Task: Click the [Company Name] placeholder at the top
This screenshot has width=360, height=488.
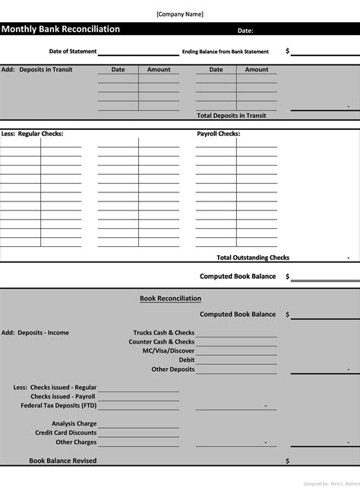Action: point(179,14)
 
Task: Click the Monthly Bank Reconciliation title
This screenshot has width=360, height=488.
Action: point(61,30)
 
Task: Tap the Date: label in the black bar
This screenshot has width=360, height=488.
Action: point(245,31)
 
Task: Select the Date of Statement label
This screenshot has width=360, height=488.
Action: point(73,52)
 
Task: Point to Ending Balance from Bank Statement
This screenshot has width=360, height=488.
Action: point(226,52)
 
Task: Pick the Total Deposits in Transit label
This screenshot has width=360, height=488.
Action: point(231,116)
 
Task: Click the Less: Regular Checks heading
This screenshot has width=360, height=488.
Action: point(32,134)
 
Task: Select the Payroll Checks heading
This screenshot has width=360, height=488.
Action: point(219,134)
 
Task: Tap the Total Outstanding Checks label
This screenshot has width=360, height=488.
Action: point(253,258)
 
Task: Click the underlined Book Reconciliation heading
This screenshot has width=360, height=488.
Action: point(170,299)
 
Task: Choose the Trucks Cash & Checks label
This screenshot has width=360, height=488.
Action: point(163,333)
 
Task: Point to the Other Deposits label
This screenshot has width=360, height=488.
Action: point(173,369)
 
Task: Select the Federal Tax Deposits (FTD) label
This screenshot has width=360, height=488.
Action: point(58,406)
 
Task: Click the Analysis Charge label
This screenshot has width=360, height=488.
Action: point(74,424)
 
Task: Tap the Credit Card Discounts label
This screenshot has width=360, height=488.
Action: point(66,433)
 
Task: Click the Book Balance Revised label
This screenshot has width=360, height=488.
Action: point(63,461)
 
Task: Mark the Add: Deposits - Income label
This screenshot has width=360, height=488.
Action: point(35,333)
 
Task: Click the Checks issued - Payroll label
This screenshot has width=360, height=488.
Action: point(63,397)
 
